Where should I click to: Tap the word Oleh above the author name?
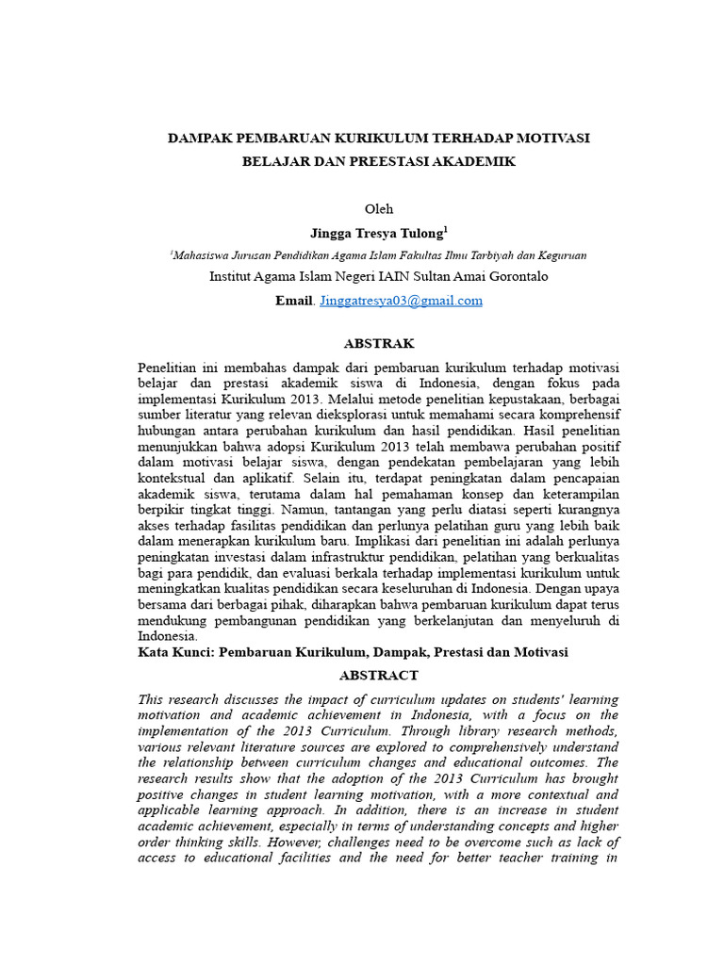tap(378, 208)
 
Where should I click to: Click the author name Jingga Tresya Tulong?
tap(375, 232)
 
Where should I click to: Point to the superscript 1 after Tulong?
tap(446, 228)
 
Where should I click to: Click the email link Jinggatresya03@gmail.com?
tap(402, 301)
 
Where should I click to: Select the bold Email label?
tap(292, 301)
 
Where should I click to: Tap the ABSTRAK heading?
tap(379, 343)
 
